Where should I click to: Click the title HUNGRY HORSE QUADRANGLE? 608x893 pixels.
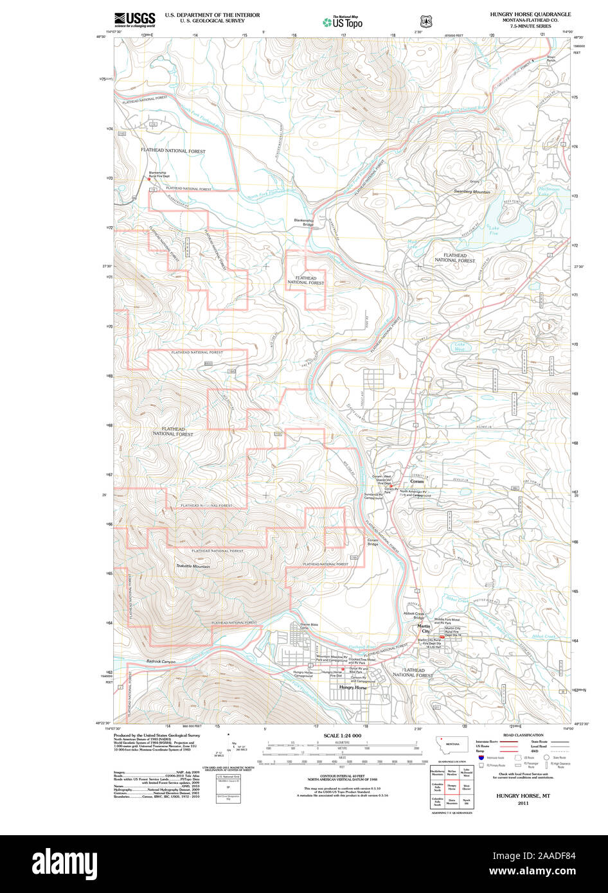pyautogui.click(x=530, y=13)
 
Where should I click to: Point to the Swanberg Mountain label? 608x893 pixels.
pyautogui.click(x=472, y=192)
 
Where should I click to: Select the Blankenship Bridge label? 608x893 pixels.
pyautogui.click(x=303, y=222)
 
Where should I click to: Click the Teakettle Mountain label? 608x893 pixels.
pyautogui.click(x=193, y=566)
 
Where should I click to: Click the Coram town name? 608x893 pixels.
pyautogui.click(x=417, y=481)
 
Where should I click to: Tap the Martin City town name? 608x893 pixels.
pyautogui.click(x=424, y=628)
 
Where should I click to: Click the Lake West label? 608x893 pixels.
pyautogui.click(x=460, y=347)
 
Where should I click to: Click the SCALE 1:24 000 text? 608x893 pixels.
pyautogui.click(x=343, y=736)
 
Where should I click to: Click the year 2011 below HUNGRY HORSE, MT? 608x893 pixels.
pyautogui.click(x=522, y=802)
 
